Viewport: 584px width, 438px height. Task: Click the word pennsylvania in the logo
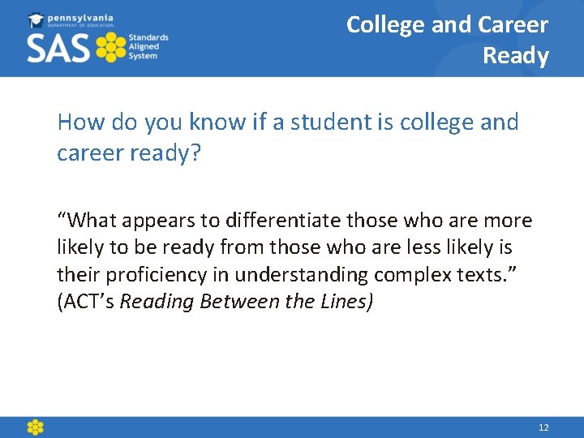81,17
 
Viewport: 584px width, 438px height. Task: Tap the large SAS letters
58,48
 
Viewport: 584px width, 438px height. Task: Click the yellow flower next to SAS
112,48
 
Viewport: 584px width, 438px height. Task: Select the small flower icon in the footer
35,427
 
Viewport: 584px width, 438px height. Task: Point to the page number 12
543,427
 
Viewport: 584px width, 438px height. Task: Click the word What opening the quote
87,221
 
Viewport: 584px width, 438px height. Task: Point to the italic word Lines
346,302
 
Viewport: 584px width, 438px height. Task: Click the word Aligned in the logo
145,47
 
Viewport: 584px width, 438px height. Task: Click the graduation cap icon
36,19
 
